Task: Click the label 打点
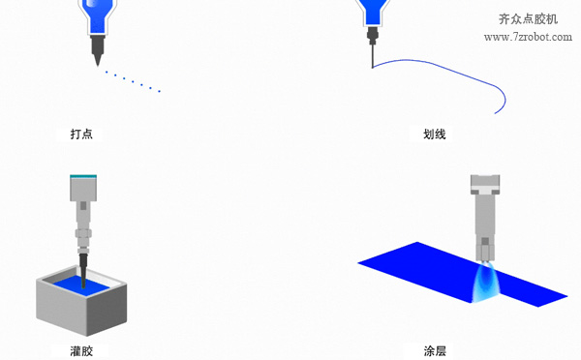coord(80,134)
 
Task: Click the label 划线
coord(435,134)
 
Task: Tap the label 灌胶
coord(80,349)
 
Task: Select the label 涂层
coord(435,349)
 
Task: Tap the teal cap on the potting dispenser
coord(83,176)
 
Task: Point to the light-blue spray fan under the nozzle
coord(484,281)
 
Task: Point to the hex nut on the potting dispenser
coord(83,235)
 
